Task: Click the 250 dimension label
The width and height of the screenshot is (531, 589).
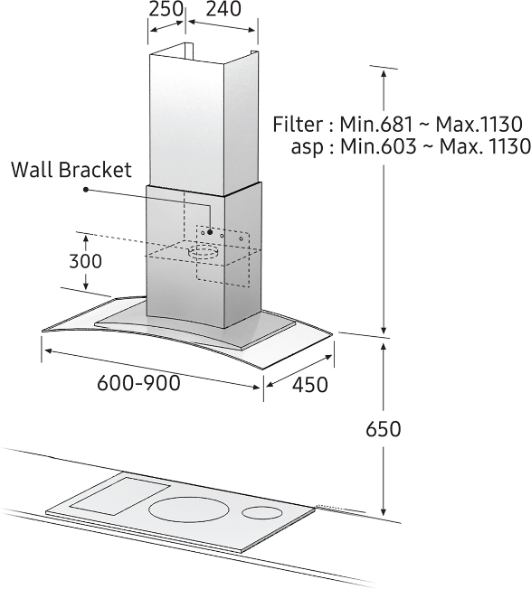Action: coord(166,9)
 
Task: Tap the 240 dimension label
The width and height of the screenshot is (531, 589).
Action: coord(223,9)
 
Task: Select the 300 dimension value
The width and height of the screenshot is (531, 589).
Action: coord(85,261)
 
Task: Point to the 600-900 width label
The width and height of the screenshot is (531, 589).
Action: coord(138,383)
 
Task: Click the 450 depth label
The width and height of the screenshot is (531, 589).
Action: coord(310,385)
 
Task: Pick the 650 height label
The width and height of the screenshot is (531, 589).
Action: coord(384,429)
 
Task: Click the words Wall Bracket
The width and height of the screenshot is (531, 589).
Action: coord(71,170)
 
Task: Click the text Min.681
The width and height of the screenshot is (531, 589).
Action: coord(376,124)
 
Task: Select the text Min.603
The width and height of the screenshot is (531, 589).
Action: coord(378,146)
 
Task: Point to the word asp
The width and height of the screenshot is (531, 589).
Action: coord(307,147)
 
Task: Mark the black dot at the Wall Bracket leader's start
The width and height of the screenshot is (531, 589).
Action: coord(86,190)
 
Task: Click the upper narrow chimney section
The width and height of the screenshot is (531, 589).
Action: coord(204,120)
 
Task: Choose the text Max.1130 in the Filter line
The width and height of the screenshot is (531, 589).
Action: coord(479,124)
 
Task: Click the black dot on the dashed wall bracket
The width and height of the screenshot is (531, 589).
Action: coord(210,232)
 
